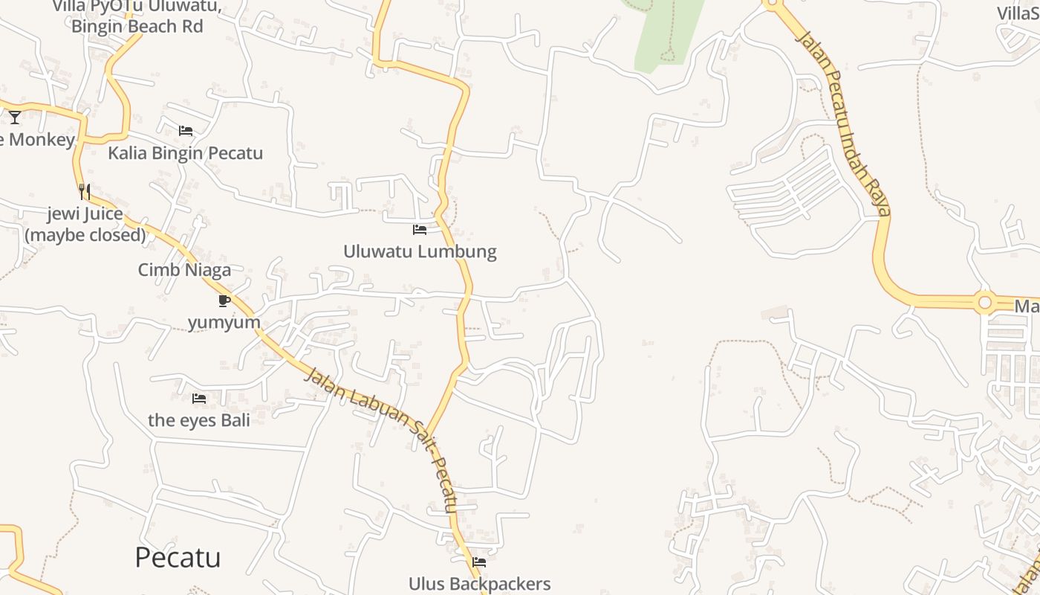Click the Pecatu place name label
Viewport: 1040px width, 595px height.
178,557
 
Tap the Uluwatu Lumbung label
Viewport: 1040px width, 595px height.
420,251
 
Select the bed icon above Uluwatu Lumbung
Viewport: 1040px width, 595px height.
420,230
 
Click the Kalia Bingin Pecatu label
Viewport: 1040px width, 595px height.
186,153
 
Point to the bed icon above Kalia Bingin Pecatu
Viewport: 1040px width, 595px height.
186,131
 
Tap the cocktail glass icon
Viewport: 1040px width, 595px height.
15,117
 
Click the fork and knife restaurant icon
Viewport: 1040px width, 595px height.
85,192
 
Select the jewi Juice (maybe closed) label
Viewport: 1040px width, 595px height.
85,225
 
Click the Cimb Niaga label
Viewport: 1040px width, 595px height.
184,270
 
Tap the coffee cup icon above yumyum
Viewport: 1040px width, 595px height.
224,300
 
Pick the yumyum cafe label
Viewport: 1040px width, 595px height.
224,322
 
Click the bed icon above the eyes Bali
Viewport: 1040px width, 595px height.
198,399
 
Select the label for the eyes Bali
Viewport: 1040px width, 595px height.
198,420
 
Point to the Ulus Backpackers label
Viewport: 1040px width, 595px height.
479,584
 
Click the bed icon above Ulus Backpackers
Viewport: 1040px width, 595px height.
479,562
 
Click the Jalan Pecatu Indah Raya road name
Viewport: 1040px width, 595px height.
843,123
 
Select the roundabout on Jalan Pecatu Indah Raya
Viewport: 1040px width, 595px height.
985,303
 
